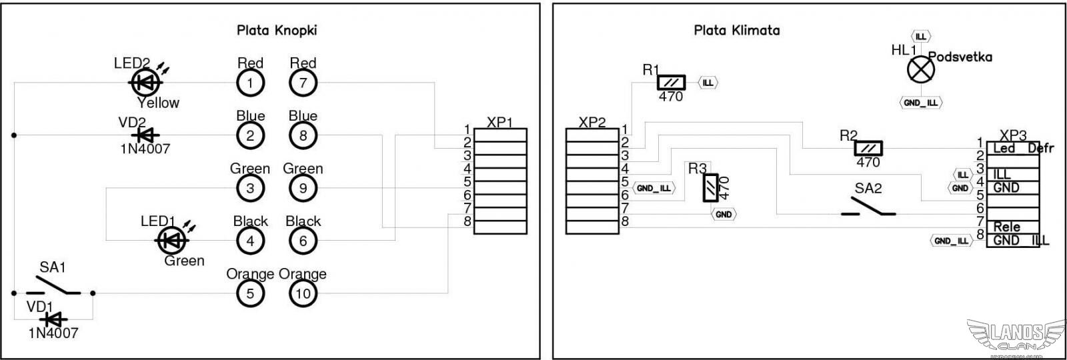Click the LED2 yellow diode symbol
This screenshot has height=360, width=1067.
[145, 82]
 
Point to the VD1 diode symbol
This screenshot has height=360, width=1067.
[53, 320]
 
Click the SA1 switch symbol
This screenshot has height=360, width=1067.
[53, 287]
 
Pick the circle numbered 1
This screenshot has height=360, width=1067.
[250, 83]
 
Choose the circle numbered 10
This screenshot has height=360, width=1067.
[303, 293]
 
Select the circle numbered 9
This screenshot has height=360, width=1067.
[303, 188]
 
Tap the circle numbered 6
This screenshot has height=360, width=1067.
[303, 241]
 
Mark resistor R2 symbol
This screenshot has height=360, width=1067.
[868, 149]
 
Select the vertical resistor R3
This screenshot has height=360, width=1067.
[712, 187]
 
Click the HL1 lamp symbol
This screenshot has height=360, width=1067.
[920, 69]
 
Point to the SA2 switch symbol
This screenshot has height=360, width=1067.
[868, 207]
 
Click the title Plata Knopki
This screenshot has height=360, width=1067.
[277, 30]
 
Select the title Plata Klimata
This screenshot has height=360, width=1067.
[736, 30]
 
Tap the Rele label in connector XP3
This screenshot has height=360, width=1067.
[1006, 227]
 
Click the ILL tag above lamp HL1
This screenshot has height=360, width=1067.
[920, 36]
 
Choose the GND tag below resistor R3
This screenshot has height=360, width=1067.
[724, 214]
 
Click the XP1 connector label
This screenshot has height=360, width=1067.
[499, 122]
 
